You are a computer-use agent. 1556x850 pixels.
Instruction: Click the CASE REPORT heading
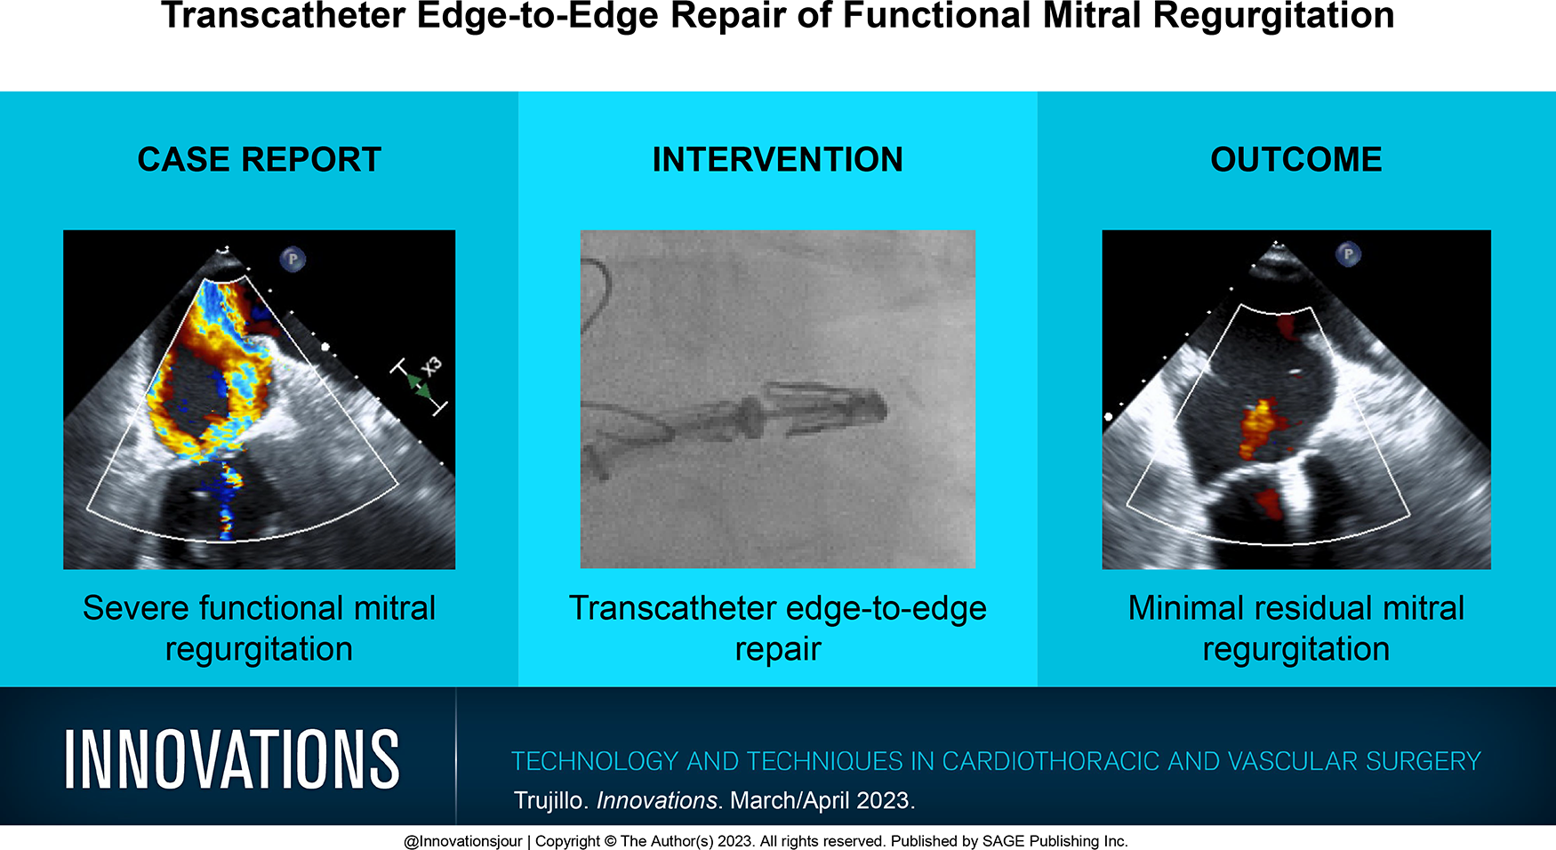[x=259, y=160]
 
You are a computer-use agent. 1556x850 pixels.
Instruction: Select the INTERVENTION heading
[x=778, y=160]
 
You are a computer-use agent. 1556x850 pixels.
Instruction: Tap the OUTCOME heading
[x=1296, y=160]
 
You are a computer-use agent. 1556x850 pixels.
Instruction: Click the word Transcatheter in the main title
[x=283, y=16]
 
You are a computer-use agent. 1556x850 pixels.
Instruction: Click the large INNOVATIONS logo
[x=231, y=759]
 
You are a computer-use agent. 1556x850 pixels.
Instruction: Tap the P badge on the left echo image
[x=293, y=260]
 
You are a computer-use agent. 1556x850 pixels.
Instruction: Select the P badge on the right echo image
[x=1349, y=255]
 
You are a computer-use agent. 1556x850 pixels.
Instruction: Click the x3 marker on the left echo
[x=430, y=366]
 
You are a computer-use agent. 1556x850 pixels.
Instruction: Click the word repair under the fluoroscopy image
[x=778, y=650]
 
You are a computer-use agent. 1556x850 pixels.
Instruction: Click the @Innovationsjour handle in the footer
[x=462, y=841]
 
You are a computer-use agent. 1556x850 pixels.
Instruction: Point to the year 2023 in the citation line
[x=882, y=800]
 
